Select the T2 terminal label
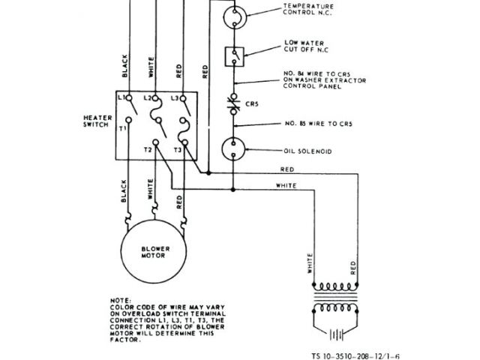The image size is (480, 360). point(147,151)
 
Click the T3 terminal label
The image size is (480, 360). point(177,151)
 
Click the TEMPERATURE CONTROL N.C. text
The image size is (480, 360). point(310,10)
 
